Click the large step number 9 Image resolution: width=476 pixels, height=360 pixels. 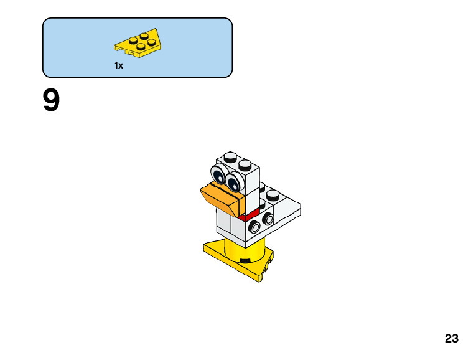(x=52, y=102)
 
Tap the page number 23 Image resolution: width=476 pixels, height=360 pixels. (x=452, y=339)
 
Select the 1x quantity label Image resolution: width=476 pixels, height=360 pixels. (x=118, y=65)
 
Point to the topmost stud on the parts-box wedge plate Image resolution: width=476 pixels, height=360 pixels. (x=144, y=36)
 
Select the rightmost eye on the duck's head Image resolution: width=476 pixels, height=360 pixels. (x=234, y=182)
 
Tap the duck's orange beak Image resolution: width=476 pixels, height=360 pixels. (x=221, y=197)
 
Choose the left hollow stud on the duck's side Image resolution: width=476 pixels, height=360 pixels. (x=254, y=227)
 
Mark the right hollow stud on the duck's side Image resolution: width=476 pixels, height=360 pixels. (x=268, y=219)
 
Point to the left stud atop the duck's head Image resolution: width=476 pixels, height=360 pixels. (x=230, y=155)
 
